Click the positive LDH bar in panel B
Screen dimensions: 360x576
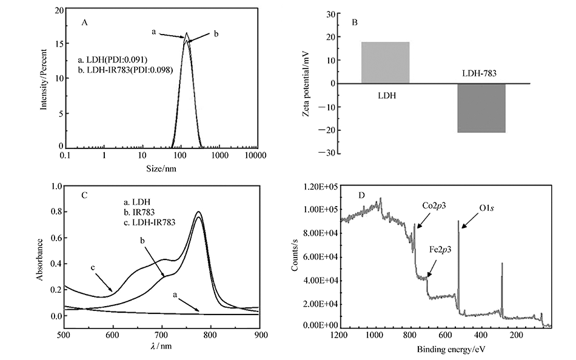(386, 62)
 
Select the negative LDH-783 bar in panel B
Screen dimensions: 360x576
(481, 108)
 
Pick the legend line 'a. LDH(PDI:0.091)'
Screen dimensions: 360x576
(113, 59)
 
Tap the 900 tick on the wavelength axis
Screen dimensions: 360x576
(259, 334)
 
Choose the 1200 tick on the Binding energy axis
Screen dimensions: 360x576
(340, 334)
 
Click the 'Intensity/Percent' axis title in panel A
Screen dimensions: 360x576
(44, 78)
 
